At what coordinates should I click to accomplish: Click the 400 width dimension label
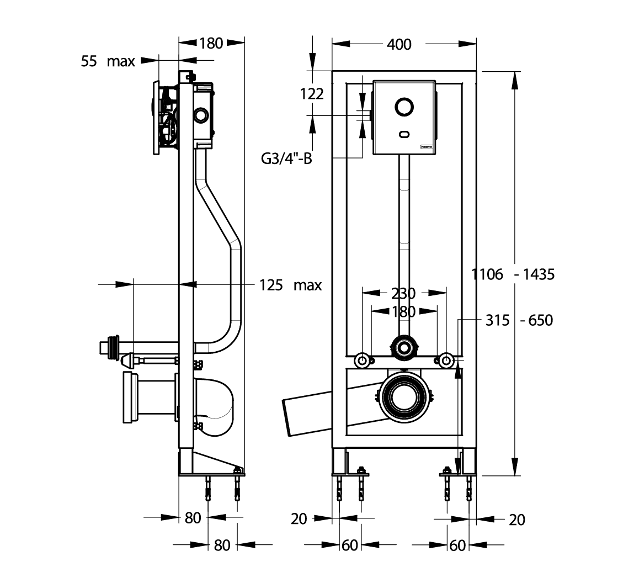pos(399,44)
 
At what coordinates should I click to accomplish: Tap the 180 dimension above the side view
pos(211,43)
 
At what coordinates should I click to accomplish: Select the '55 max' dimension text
pos(108,61)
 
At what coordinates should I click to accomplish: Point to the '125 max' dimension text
pos(290,285)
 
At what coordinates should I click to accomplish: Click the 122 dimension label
pos(312,94)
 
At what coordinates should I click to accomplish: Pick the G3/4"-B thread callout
pos(286,158)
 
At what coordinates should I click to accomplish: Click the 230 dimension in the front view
pos(403,293)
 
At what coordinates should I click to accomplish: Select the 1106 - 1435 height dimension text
pos(513,274)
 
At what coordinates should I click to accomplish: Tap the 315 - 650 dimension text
pos(519,320)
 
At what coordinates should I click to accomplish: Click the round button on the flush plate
pos(404,107)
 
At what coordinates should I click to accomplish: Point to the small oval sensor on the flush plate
pos(404,134)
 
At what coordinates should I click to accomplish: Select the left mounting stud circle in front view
pos(362,360)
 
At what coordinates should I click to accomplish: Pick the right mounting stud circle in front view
pos(446,360)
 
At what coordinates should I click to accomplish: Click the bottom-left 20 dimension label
pos(299,519)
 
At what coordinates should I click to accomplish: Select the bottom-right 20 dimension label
pos(516,520)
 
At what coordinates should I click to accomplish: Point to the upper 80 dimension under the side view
pos(193,518)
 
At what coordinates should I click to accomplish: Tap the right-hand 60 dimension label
pos(457,545)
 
